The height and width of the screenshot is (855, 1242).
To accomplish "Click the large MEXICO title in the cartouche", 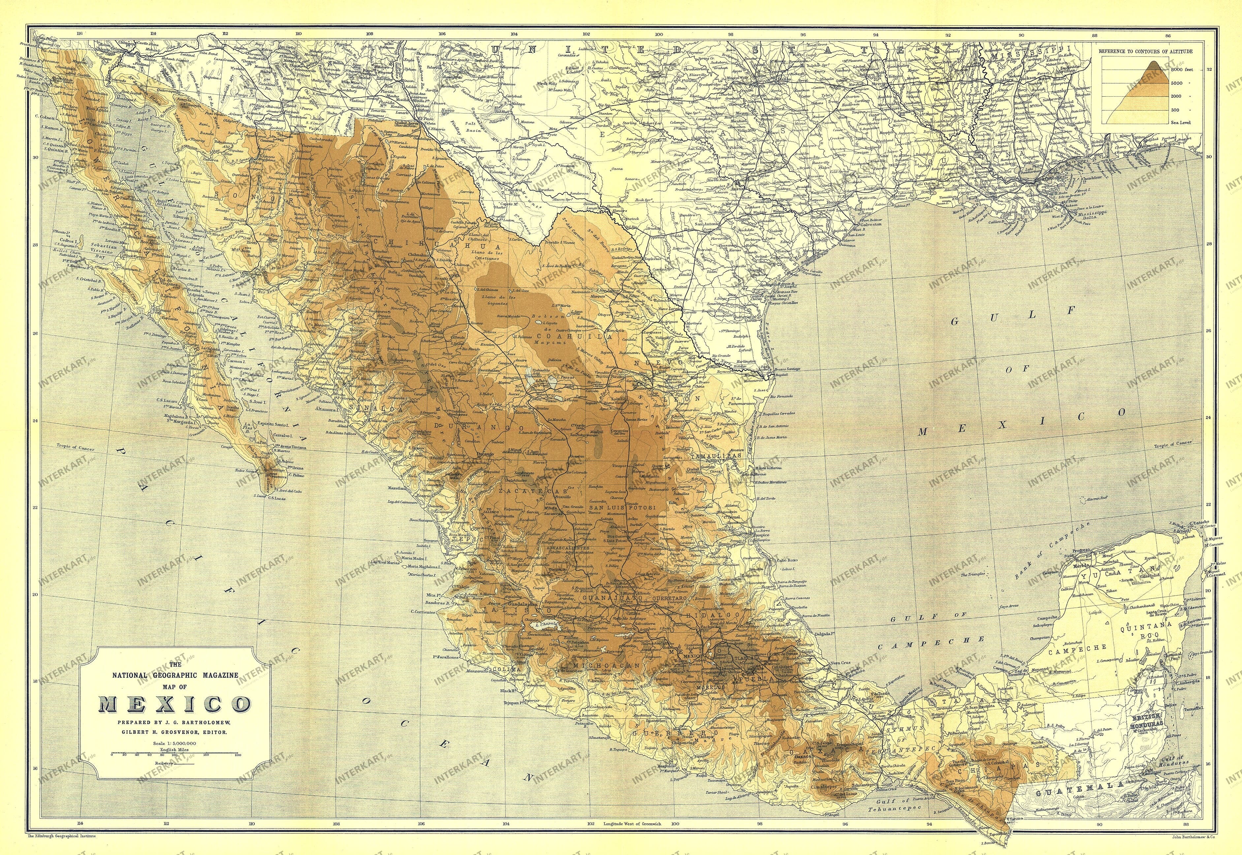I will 175,702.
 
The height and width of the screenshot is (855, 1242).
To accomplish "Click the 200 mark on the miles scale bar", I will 238,754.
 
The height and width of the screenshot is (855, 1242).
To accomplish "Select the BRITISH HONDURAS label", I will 1149,719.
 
